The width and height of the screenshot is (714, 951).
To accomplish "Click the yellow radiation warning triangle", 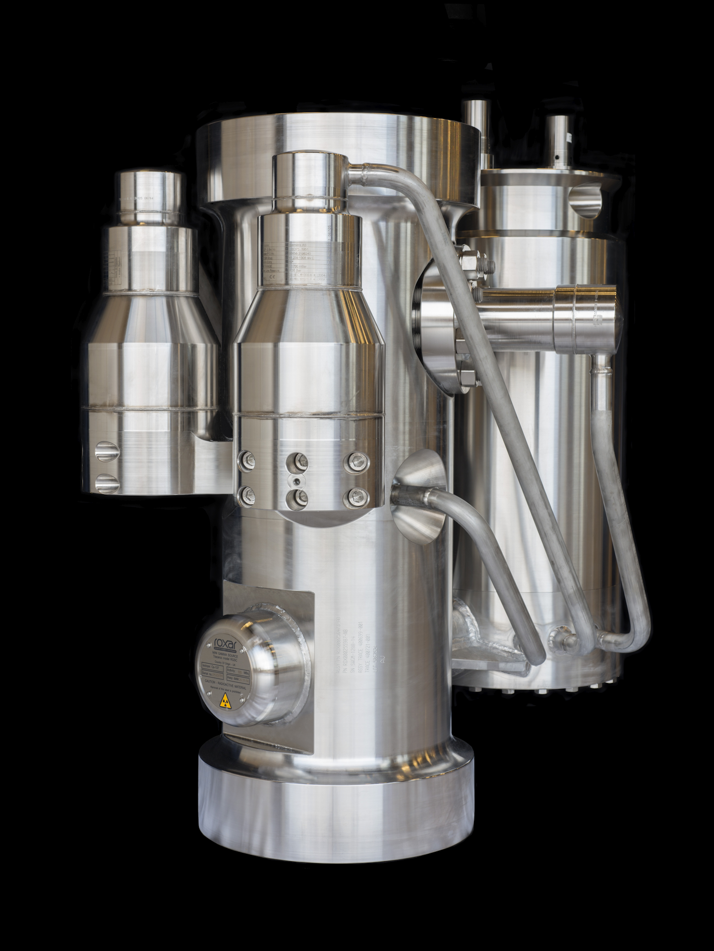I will click(x=225, y=700).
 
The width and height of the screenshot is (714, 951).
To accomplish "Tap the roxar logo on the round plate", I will click(x=226, y=644).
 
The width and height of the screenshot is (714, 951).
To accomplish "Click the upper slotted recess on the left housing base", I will click(x=107, y=451).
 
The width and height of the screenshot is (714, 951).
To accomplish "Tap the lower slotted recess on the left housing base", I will click(x=107, y=483).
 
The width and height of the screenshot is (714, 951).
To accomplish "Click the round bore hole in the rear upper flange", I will click(x=587, y=200).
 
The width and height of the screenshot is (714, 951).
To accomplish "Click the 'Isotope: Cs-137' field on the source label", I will click(x=212, y=666).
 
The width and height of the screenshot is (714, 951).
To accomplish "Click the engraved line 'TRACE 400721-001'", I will click(x=369, y=649).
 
